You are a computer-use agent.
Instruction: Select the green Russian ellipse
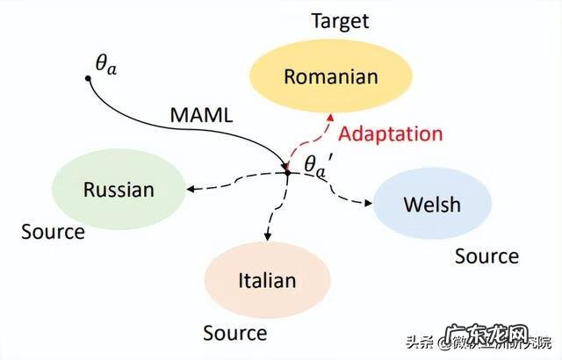pos(119,189)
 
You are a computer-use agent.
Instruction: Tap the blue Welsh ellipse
pos(431,205)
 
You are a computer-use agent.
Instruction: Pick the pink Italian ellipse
pos(267,281)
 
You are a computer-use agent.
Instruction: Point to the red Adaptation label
pos(391,134)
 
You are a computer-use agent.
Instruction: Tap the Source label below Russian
pos(53,233)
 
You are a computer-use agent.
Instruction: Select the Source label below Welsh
pos(486,256)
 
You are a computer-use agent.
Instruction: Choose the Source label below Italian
pos(234,334)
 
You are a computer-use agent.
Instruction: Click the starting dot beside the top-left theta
pos(89,79)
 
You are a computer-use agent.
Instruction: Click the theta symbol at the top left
pos(104,62)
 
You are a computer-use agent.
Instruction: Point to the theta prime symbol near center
pos(315,164)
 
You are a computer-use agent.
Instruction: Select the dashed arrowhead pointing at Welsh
pos(368,205)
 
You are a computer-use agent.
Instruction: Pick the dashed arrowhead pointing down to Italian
pos(266,236)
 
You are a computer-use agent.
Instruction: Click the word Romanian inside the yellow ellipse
pos(331,76)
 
